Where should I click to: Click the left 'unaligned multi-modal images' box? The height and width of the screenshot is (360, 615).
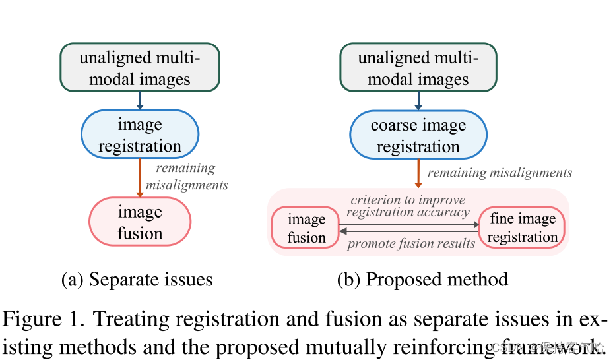coord(139,68)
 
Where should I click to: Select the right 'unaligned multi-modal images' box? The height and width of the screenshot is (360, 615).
coord(418,68)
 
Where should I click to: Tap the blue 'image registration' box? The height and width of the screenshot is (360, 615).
coord(139,135)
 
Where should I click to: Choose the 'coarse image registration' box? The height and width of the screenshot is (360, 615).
coord(418,136)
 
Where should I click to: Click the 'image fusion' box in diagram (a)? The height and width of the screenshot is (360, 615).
coord(139,222)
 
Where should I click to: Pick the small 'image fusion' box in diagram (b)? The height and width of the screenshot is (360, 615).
coord(306,228)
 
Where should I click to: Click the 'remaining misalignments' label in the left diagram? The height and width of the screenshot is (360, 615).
coord(186,177)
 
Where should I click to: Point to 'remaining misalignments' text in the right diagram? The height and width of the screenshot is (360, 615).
coord(500,173)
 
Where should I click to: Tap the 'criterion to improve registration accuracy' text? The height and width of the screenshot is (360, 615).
coord(408,206)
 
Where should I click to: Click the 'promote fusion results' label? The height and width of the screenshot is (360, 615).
coord(411,243)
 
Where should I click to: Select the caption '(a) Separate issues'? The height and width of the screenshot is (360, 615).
coord(137,279)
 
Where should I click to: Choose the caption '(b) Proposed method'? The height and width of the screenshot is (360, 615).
coord(422,279)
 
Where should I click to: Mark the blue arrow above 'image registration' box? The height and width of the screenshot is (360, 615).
coord(139,100)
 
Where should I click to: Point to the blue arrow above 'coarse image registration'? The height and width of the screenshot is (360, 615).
coord(418,100)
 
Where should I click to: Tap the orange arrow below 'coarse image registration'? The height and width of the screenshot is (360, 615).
coord(418,174)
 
